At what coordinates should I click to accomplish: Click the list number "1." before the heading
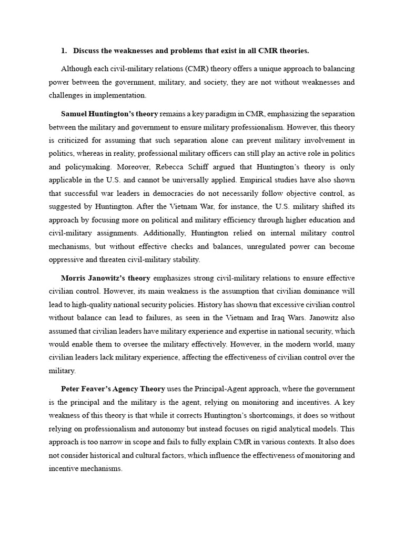64,51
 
